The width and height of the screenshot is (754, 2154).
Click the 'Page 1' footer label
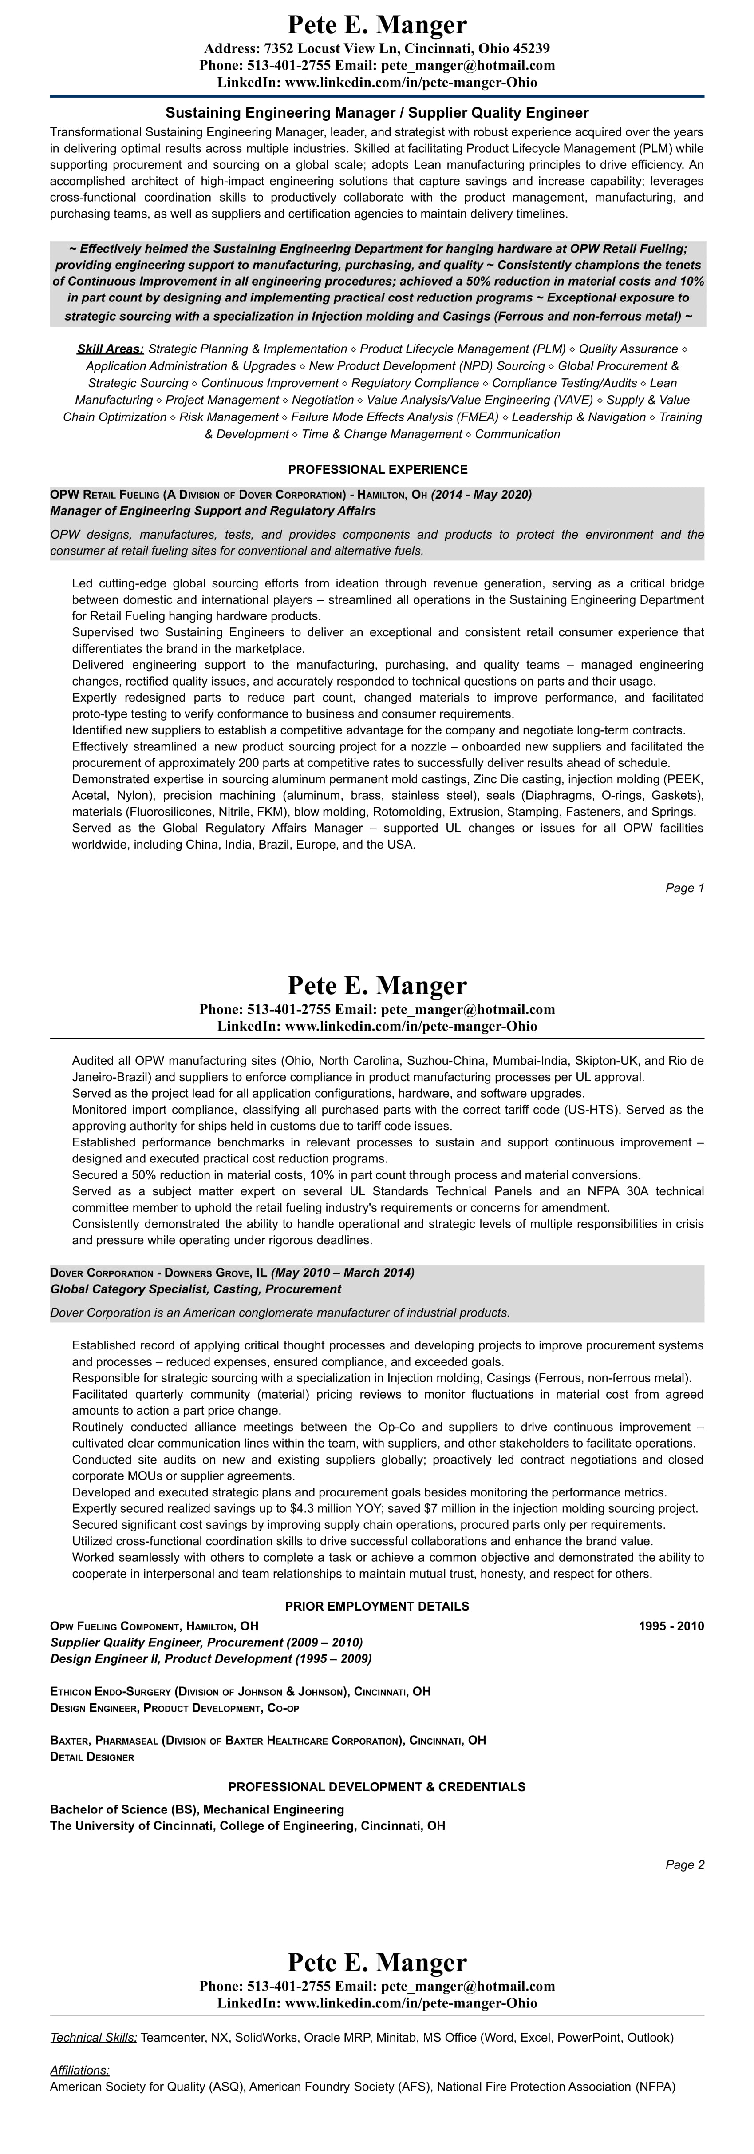[x=685, y=888]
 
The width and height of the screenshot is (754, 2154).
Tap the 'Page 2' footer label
[x=685, y=1864]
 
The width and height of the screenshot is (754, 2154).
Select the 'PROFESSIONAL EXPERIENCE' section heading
[x=377, y=470]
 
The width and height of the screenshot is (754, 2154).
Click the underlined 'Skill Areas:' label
[x=111, y=349]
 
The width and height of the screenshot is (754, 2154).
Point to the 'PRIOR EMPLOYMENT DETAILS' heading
[x=377, y=1607]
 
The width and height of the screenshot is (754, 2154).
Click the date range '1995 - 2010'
[x=671, y=1626]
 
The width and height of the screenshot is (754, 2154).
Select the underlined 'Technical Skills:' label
[x=94, y=2038]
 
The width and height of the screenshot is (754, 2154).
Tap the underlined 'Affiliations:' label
[x=80, y=2071]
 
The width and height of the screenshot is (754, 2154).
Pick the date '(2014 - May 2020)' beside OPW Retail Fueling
[x=482, y=494]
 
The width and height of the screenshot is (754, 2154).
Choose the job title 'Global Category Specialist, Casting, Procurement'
[x=196, y=1289]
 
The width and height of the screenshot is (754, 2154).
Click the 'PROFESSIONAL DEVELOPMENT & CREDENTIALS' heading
[x=377, y=1787]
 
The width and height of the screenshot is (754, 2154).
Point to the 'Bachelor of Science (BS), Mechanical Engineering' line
[x=197, y=1809]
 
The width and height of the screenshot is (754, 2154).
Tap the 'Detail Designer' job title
[x=92, y=1757]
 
